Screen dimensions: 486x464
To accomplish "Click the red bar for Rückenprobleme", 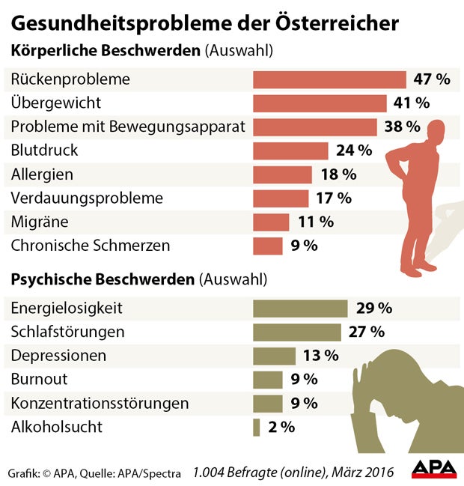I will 329,79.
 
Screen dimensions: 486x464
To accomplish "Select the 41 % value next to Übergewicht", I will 409,103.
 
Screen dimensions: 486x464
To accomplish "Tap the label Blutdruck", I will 44,151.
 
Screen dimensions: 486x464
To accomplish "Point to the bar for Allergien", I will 282,174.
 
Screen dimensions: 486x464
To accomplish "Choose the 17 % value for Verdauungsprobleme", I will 333,198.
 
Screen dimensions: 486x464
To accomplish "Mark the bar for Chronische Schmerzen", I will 268,246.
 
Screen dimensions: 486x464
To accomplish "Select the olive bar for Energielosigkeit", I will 300,308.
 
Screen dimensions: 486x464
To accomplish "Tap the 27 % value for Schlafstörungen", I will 367,332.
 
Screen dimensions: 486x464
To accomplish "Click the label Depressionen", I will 58,355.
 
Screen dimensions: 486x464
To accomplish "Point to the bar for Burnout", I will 268,379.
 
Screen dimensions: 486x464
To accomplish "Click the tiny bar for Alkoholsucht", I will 257,427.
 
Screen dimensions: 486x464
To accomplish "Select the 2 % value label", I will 281,427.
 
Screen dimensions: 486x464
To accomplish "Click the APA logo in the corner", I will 434,468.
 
